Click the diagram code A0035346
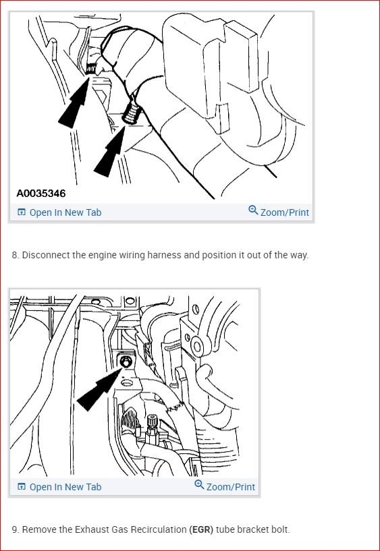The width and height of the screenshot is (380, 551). point(41,194)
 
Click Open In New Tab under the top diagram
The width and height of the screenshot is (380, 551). point(65,212)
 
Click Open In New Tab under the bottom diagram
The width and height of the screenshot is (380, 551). point(65,487)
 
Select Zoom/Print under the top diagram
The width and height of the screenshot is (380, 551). point(284,212)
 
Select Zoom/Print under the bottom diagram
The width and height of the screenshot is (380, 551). point(230,487)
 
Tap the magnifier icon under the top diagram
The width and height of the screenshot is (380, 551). point(253,210)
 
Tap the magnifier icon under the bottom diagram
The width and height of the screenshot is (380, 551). point(199,485)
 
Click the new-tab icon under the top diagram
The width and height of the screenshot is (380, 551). point(22,212)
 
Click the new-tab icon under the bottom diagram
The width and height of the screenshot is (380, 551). point(22,487)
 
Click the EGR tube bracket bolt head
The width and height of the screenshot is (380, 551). point(125,362)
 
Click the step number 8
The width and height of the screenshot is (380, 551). point(15,256)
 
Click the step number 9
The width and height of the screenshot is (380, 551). point(15,529)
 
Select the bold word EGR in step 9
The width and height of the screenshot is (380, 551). point(201,529)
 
